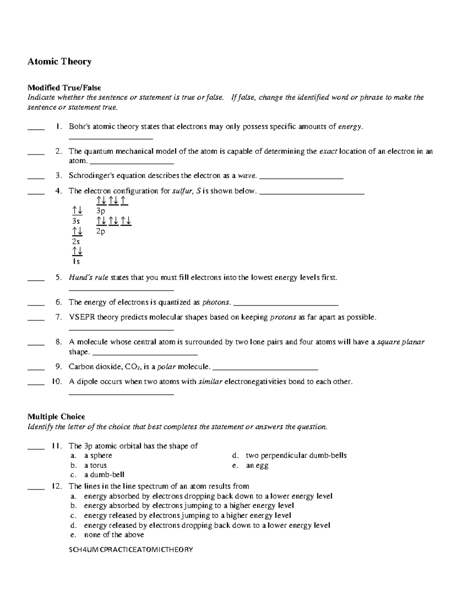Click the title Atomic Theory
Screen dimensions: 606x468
pyautogui.click(x=59, y=62)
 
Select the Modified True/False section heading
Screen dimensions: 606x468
pyautogui.click(x=64, y=88)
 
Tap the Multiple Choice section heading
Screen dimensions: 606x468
pyautogui.click(x=56, y=417)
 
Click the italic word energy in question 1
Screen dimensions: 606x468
pyautogui.click(x=350, y=126)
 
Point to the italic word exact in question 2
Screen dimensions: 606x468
pyautogui.click(x=328, y=151)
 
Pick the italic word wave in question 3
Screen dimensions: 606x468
pyautogui.click(x=247, y=176)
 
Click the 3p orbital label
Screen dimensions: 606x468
pyautogui.click(x=101, y=211)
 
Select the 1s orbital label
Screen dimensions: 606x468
pyautogui.click(x=76, y=261)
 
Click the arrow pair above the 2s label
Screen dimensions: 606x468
pyautogui.click(x=77, y=231)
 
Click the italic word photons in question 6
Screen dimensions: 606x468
pyautogui.click(x=216, y=302)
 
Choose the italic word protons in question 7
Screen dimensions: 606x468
pyautogui.click(x=283, y=317)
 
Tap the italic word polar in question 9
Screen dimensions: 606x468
pyautogui.click(x=166, y=367)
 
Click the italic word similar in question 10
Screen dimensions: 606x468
pyautogui.click(x=211, y=382)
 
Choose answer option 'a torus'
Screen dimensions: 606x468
pyautogui.click(x=95, y=465)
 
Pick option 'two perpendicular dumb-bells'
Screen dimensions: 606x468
pyautogui.click(x=296, y=455)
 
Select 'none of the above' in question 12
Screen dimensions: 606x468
pyautogui.click(x=114, y=535)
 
